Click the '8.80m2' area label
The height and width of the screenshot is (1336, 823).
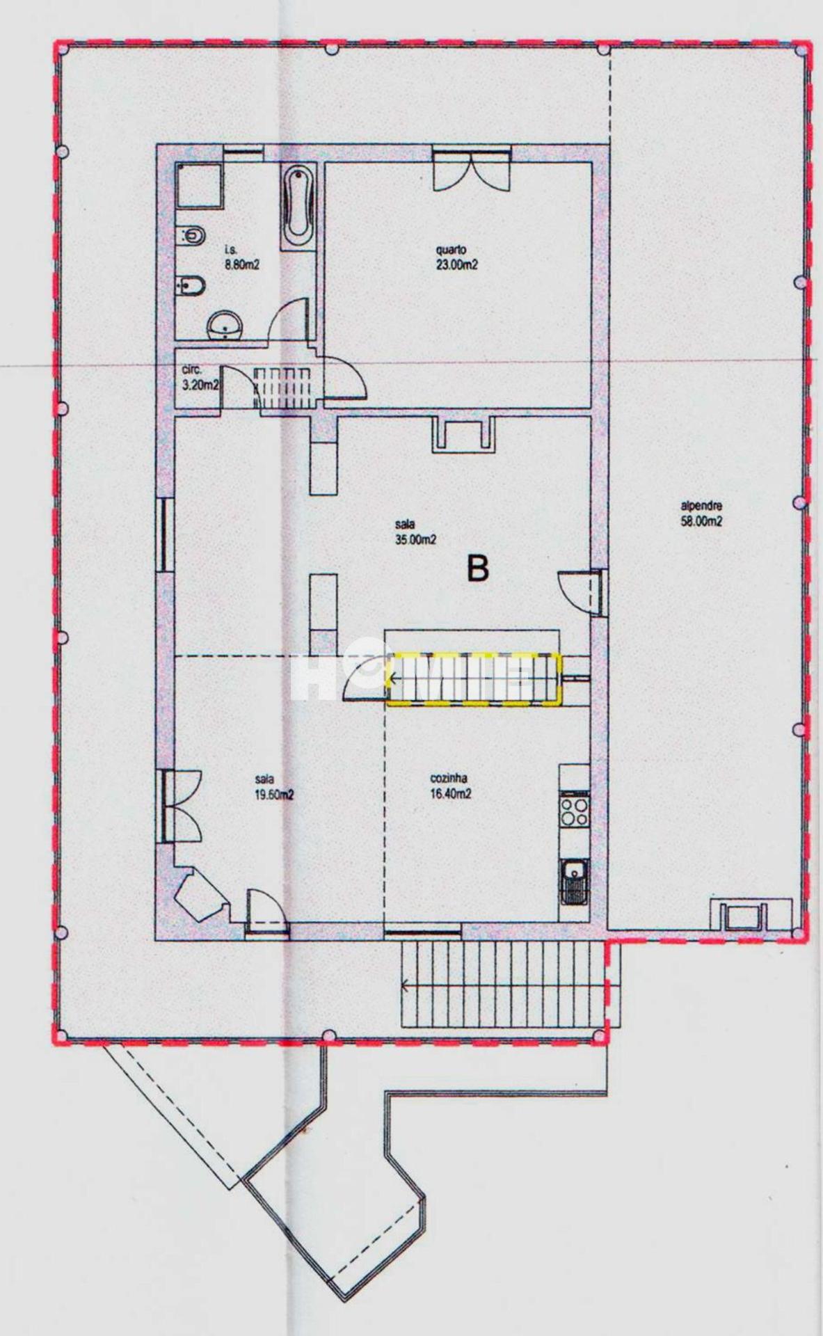pyautogui.click(x=242, y=264)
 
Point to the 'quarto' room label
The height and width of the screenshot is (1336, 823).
pyautogui.click(x=451, y=249)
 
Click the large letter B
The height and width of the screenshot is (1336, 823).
pyautogui.click(x=478, y=569)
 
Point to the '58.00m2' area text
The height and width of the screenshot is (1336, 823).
pyautogui.click(x=701, y=521)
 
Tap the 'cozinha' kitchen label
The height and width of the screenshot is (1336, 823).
pyautogui.click(x=449, y=779)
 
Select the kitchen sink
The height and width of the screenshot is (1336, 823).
pyautogui.click(x=575, y=881)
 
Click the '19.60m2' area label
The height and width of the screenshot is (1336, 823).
pyautogui.click(x=274, y=795)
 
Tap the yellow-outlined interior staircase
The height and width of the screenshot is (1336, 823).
pyautogui.click(x=474, y=679)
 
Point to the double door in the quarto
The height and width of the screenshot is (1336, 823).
pyautogui.click(x=472, y=168)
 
